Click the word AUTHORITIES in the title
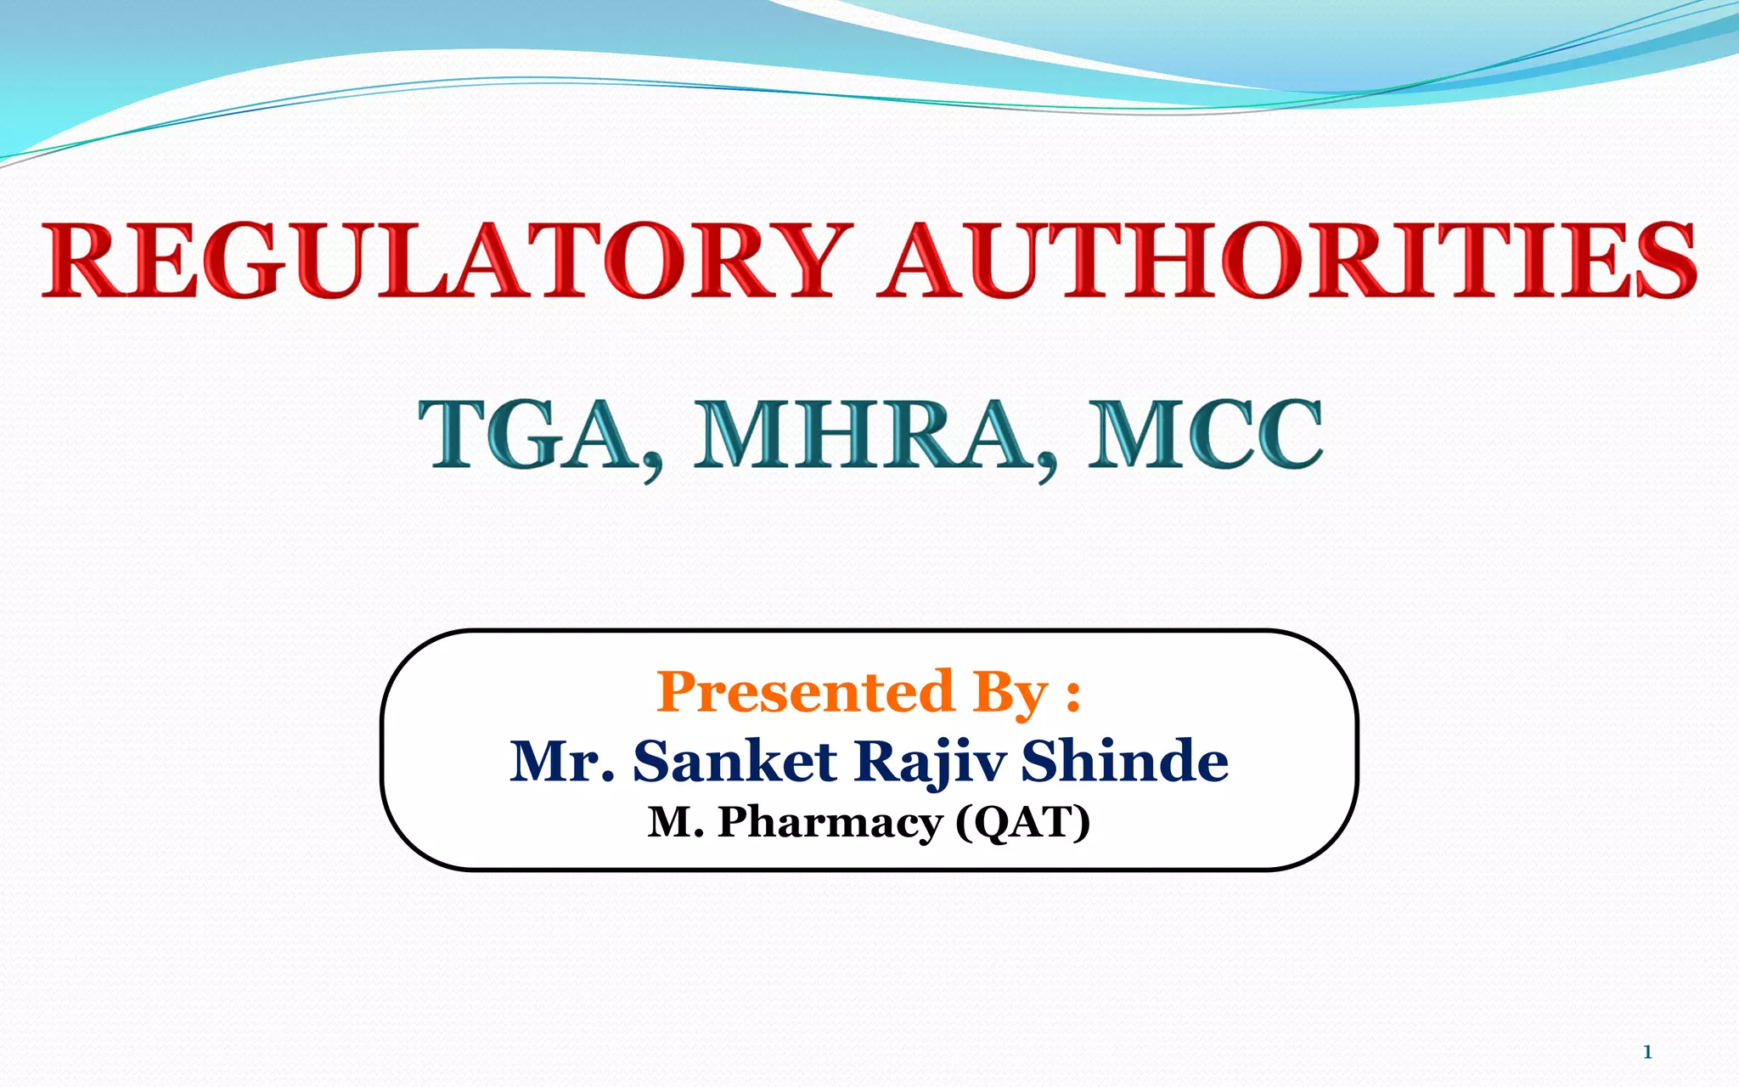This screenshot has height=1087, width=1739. (x=1286, y=260)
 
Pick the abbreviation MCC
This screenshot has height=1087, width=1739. (x=1206, y=435)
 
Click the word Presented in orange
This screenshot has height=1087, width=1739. (x=805, y=692)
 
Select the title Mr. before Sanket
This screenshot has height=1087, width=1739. (x=561, y=761)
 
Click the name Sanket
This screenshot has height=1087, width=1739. (x=735, y=761)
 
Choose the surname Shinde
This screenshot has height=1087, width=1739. (x=1124, y=761)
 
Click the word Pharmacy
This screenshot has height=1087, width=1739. (x=830, y=822)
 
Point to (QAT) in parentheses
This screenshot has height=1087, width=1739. (x=1022, y=822)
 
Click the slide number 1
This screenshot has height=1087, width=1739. (x=1647, y=1052)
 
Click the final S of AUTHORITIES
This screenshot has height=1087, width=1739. (x=1665, y=260)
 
